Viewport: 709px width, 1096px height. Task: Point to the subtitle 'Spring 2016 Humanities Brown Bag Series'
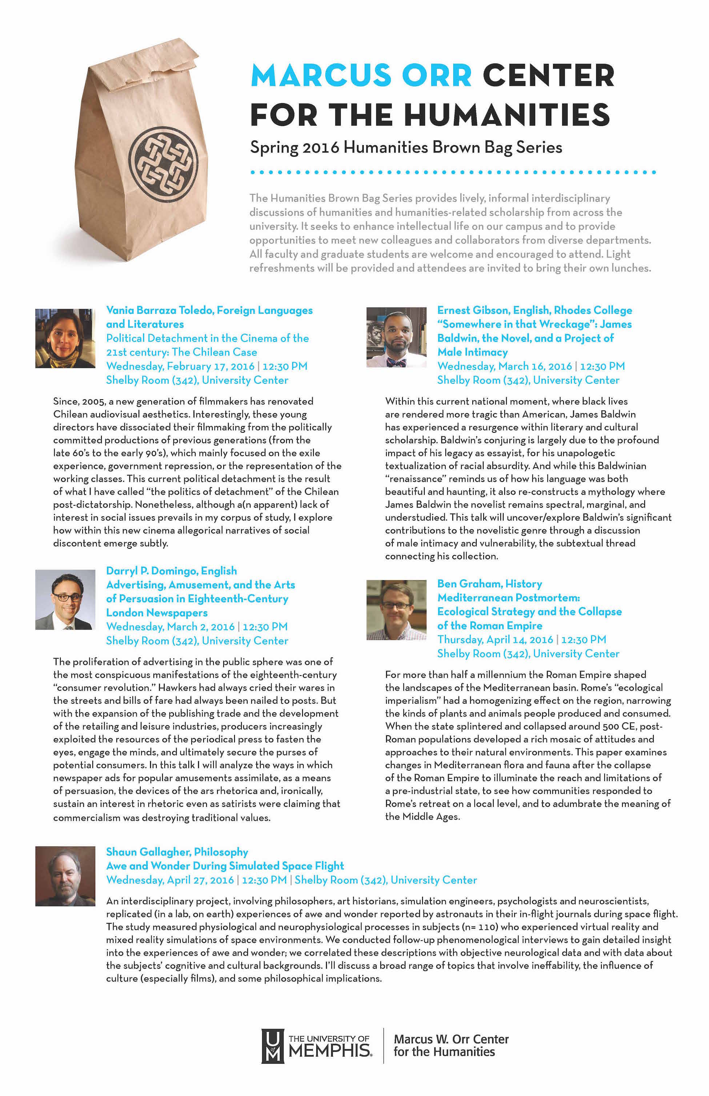click(406, 147)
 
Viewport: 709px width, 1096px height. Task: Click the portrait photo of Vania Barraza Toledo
click(65, 338)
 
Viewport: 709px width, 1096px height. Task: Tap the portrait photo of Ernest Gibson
click(396, 337)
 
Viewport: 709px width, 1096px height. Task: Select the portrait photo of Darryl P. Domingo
click(65, 599)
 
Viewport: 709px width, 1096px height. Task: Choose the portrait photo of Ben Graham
click(396, 610)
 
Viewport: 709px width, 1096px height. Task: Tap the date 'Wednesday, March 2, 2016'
click(171, 627)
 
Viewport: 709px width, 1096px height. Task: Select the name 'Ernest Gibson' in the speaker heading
click(473, 310)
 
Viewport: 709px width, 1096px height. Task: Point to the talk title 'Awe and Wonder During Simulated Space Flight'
click(225, 866)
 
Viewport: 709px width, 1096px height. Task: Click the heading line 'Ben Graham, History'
click(489, 584)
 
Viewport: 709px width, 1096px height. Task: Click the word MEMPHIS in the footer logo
click(330, 1051)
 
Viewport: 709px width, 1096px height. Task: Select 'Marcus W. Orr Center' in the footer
click(451, 1039)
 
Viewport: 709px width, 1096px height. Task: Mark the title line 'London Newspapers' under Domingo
click(157, 613)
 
